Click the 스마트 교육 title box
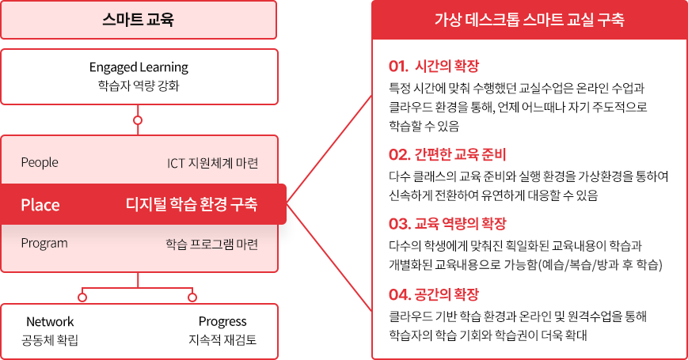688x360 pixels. pos(139,20)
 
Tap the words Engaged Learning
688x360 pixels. pos(139,67)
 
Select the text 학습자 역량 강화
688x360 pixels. pos(139,85)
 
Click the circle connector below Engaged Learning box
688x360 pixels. pos(138,120)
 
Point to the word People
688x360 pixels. pos(40,163)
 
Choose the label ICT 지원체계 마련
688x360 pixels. pos(212,163)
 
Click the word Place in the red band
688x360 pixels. pos(40,205)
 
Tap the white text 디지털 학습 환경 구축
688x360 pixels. pos(192,204)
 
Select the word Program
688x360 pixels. pos(44,244)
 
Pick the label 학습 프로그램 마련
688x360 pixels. pos(212,244)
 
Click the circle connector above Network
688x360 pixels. pos(82,297)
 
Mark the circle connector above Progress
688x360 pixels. pos(192,297)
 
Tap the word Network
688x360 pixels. pos(50,321)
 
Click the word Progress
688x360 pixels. pos(222,322)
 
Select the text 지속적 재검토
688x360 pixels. pos(222,340)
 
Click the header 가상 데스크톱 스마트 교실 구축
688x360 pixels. pos(529,20)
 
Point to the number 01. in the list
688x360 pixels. pos(398,66)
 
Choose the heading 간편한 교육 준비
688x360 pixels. pos(460,154)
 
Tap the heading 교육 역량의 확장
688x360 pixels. pos(460,224)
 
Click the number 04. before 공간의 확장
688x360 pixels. pos(399,294)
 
